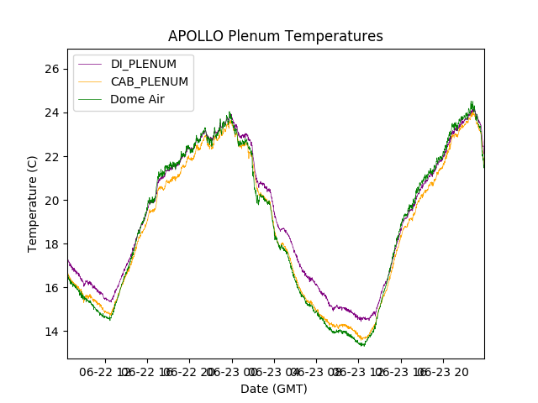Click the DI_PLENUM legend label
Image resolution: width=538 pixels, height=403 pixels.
[x=144, y=64]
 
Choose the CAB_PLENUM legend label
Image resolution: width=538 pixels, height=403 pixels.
[x=150, y=81]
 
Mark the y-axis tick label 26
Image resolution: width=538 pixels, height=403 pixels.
[x=52, y=69]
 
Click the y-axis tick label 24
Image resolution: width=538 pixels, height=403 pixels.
[x=52, y=113]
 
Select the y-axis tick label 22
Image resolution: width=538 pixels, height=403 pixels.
[x=52, y=156]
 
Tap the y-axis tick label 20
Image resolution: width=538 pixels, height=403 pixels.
[x=52, y=200]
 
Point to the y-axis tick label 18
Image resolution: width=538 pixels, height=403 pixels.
[x=52, y=243]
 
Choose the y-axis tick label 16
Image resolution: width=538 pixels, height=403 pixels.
[x=52, y=287]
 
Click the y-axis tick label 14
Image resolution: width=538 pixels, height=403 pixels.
[x=52, y=331]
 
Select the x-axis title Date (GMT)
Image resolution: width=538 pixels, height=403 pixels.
[x=274, y=389]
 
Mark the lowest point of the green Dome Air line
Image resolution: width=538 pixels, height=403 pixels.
[x=363, y=345]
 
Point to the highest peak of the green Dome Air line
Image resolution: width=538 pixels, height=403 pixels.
[x=472, y=102]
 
